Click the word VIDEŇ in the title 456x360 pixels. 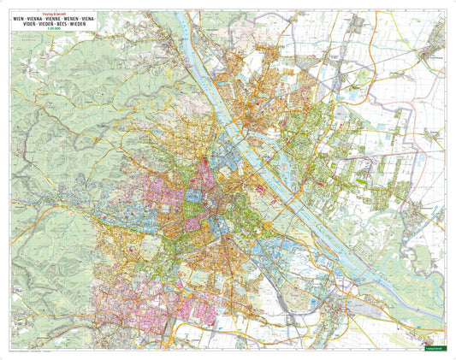[23, 23]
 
